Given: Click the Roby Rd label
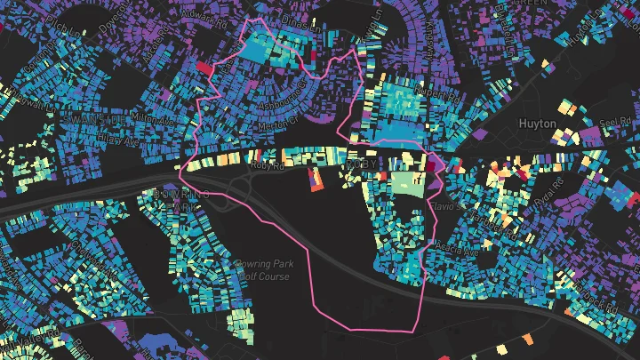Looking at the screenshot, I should pyautogui.click(x=266, y=165).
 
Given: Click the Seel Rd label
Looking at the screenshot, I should pyautogui.click(x=608, y=124).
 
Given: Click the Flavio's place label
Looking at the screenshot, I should pyautogui.click(x=447, y=206).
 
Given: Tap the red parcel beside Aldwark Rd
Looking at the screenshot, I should pyautogui.click(x=204, y=68).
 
